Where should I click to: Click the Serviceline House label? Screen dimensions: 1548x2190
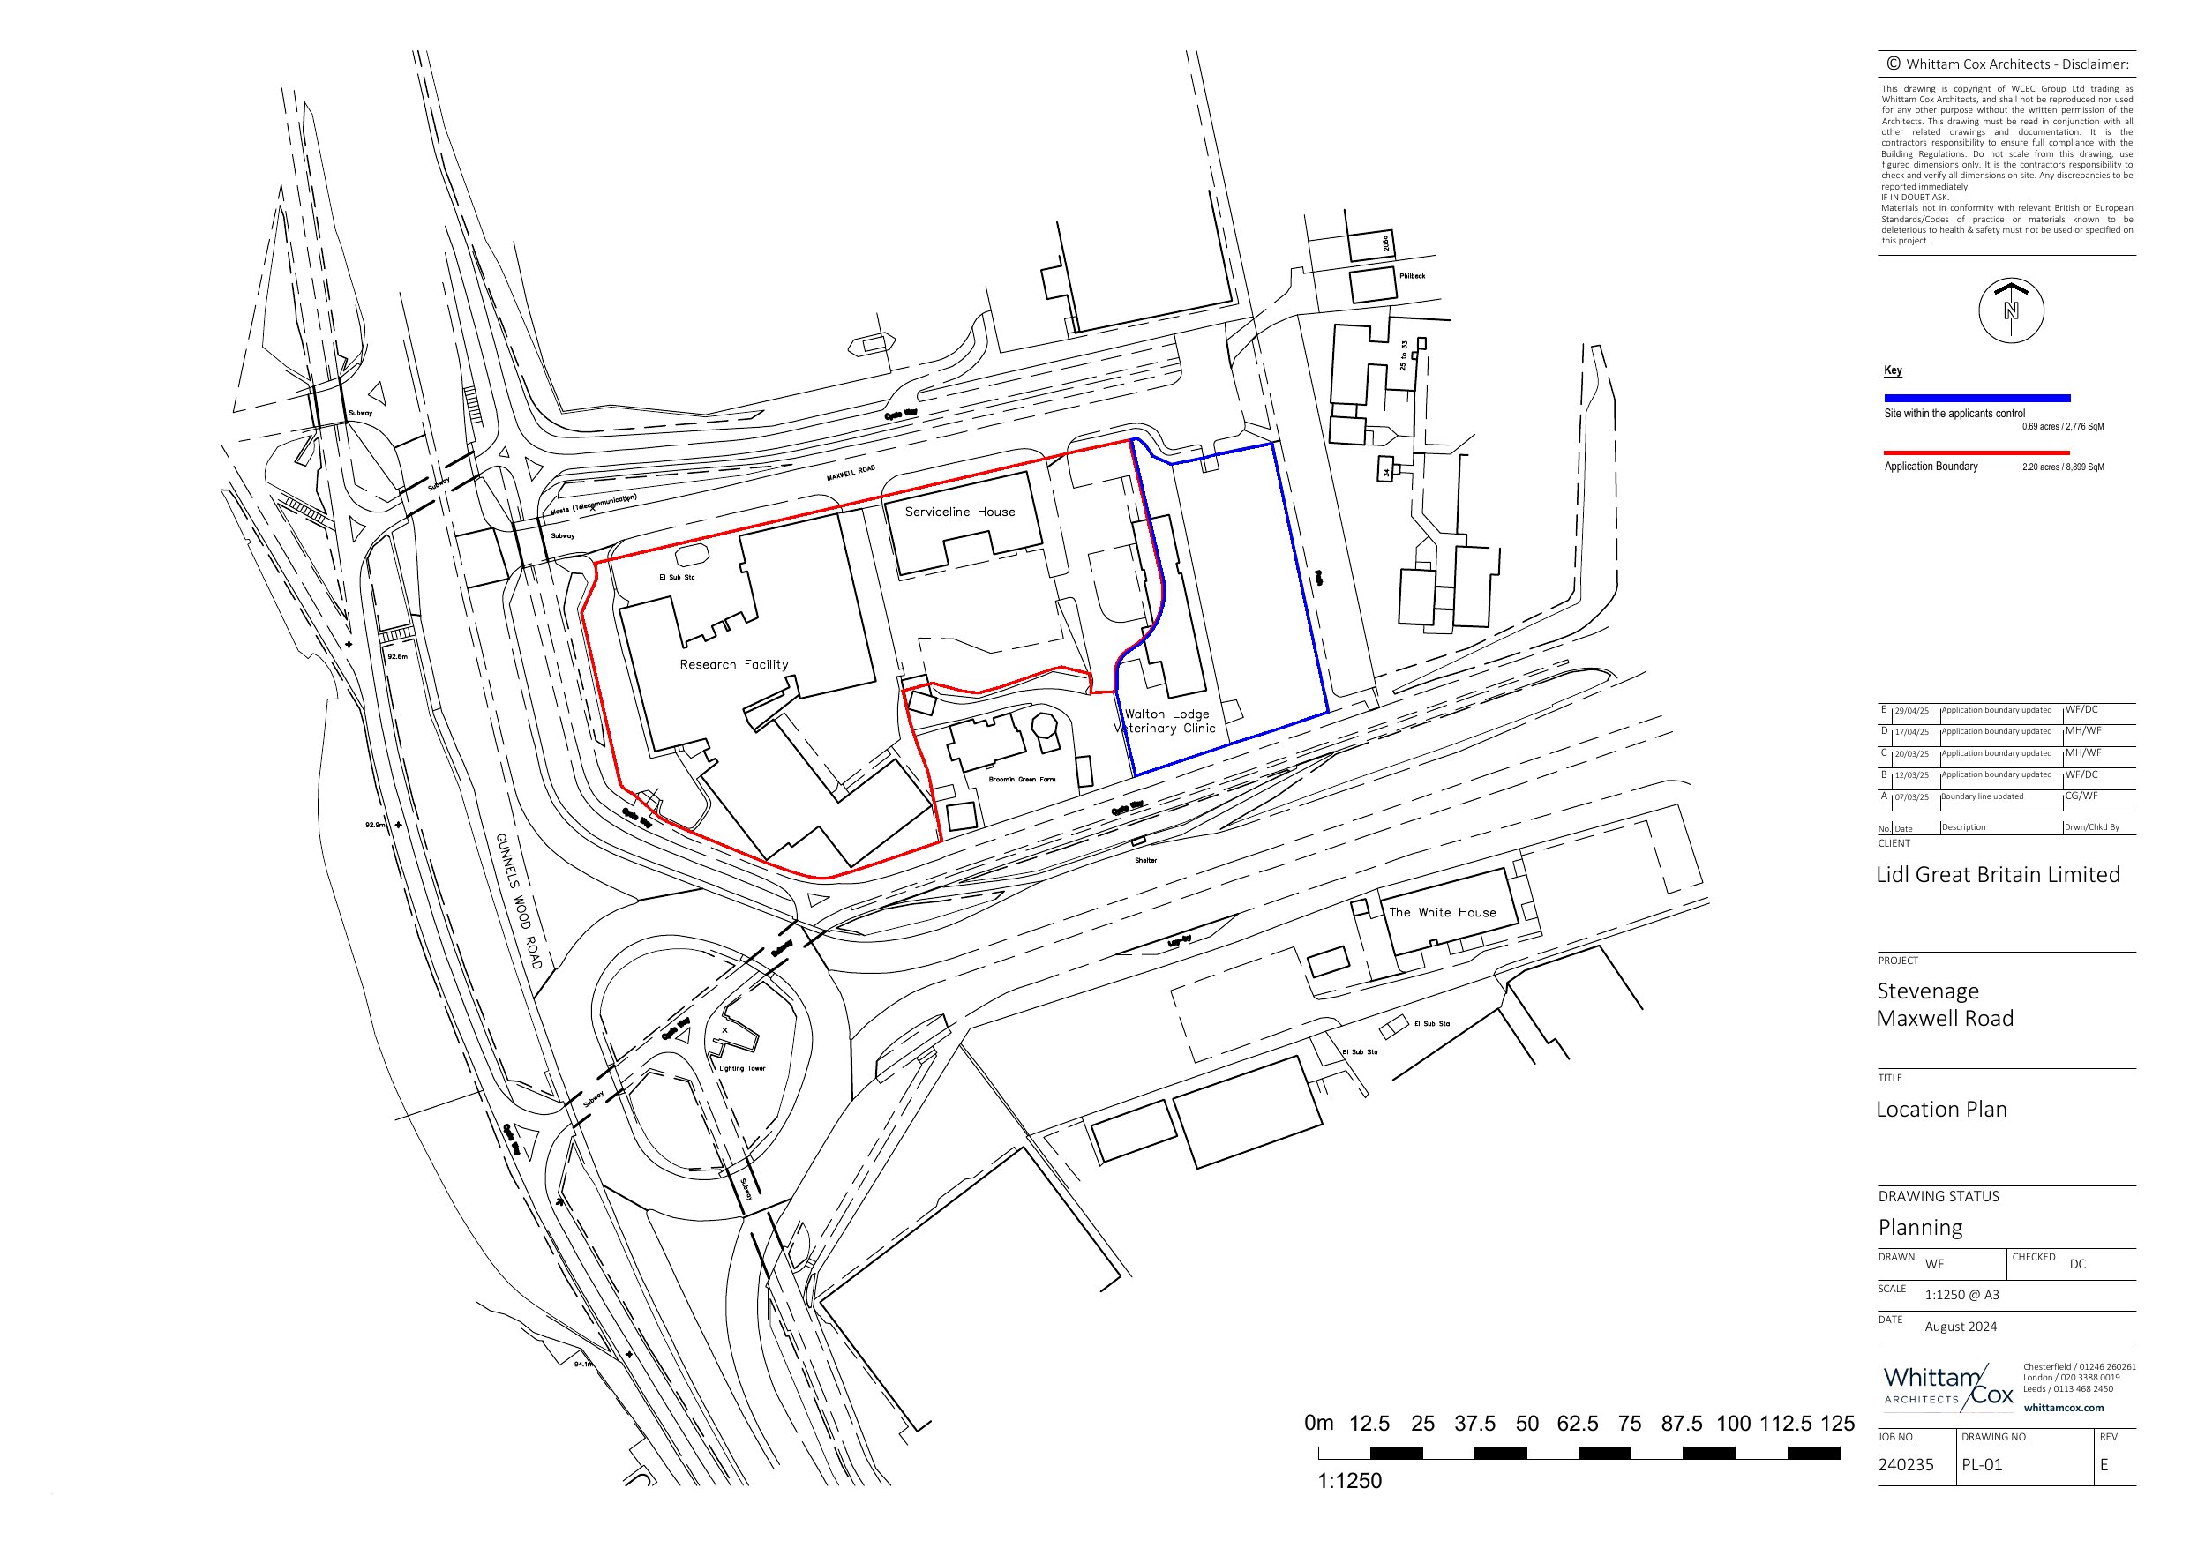959,512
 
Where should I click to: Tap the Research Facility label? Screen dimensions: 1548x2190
733,665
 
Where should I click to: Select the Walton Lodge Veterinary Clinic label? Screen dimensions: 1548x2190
1166,721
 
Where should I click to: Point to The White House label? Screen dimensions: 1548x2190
1442,913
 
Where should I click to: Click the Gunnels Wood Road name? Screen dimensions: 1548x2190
518,901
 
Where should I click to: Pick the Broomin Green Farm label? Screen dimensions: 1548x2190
1022,779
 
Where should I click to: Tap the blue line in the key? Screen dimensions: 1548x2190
1976,398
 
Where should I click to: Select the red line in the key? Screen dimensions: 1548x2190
1976,452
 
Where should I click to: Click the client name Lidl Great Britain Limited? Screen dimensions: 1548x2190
1998,875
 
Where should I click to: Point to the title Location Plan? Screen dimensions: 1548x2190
1941,1110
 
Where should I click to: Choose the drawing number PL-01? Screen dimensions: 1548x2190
1981,1465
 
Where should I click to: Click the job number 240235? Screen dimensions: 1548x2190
1906,1465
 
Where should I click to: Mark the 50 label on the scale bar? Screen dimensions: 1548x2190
1526,1424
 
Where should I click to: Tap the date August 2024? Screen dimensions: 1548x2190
1960,1327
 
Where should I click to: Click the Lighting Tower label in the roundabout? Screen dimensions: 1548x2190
742,1068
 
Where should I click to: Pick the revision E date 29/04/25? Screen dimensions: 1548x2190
1911,711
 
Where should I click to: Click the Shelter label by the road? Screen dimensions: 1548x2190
1145,860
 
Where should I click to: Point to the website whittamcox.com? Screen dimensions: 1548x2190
2063,1408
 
